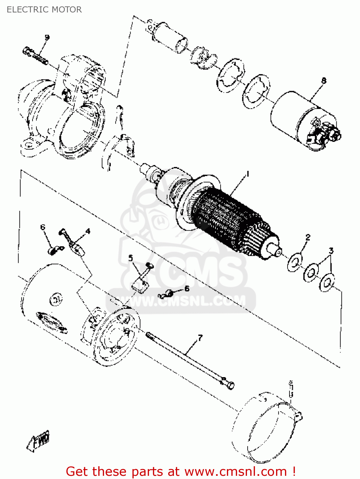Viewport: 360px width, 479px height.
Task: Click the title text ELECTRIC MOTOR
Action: [x=44, y=10]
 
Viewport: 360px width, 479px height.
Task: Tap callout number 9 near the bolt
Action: [x=47, y=38]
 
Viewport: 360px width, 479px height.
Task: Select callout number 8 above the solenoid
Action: [x=324, y=81]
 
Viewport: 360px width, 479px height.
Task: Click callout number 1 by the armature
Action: [x=247, y=174]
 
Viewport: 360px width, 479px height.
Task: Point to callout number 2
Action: [x=308, y=237]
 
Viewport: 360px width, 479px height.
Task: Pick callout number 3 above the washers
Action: [x=331, y=251]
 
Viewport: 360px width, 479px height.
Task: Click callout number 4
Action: [x=88, y=231]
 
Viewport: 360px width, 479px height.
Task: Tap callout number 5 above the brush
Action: [x=131, y=258]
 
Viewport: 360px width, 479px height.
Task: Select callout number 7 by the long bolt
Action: [x=200, y=338]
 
